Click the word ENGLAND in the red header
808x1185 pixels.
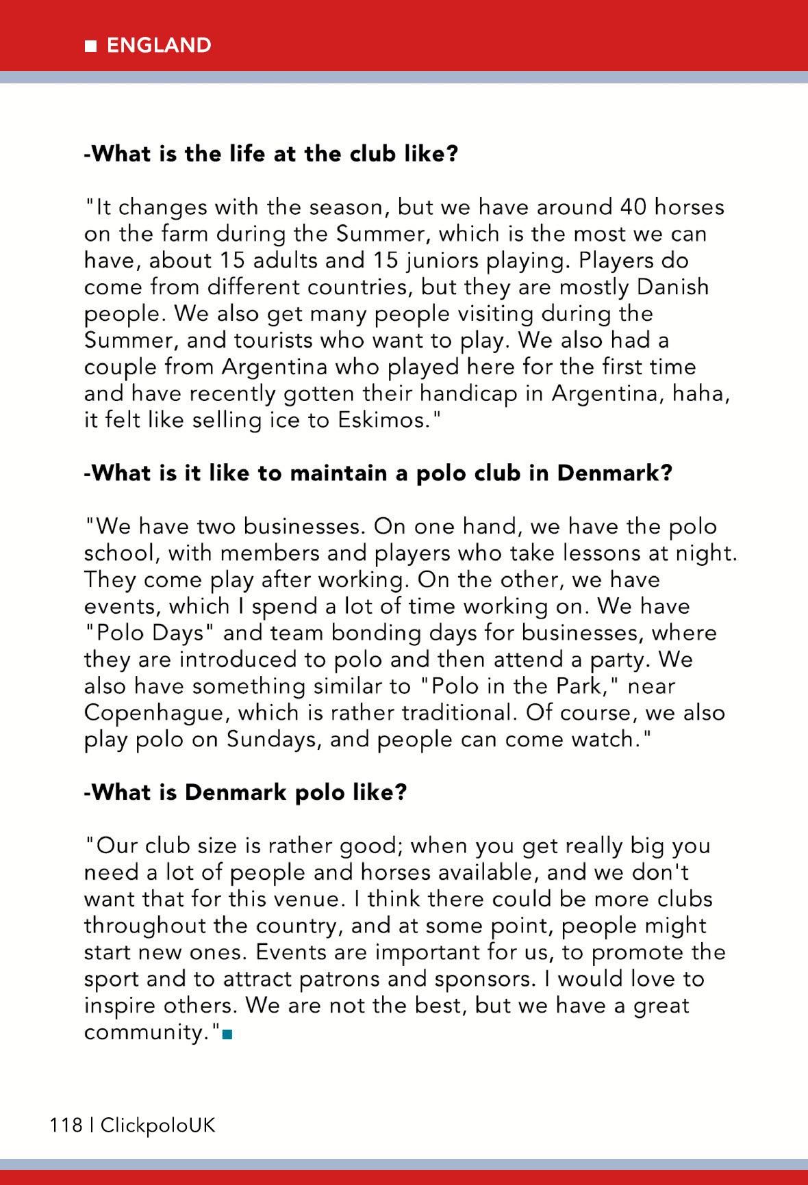159,45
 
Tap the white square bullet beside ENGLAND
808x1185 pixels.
90,46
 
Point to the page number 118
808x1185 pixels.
65,1125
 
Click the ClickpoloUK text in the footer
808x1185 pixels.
157,1125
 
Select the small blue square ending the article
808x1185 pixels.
228,1034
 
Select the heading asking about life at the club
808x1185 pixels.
270,153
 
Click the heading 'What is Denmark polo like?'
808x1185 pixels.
245,792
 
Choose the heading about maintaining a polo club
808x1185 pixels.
378,473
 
